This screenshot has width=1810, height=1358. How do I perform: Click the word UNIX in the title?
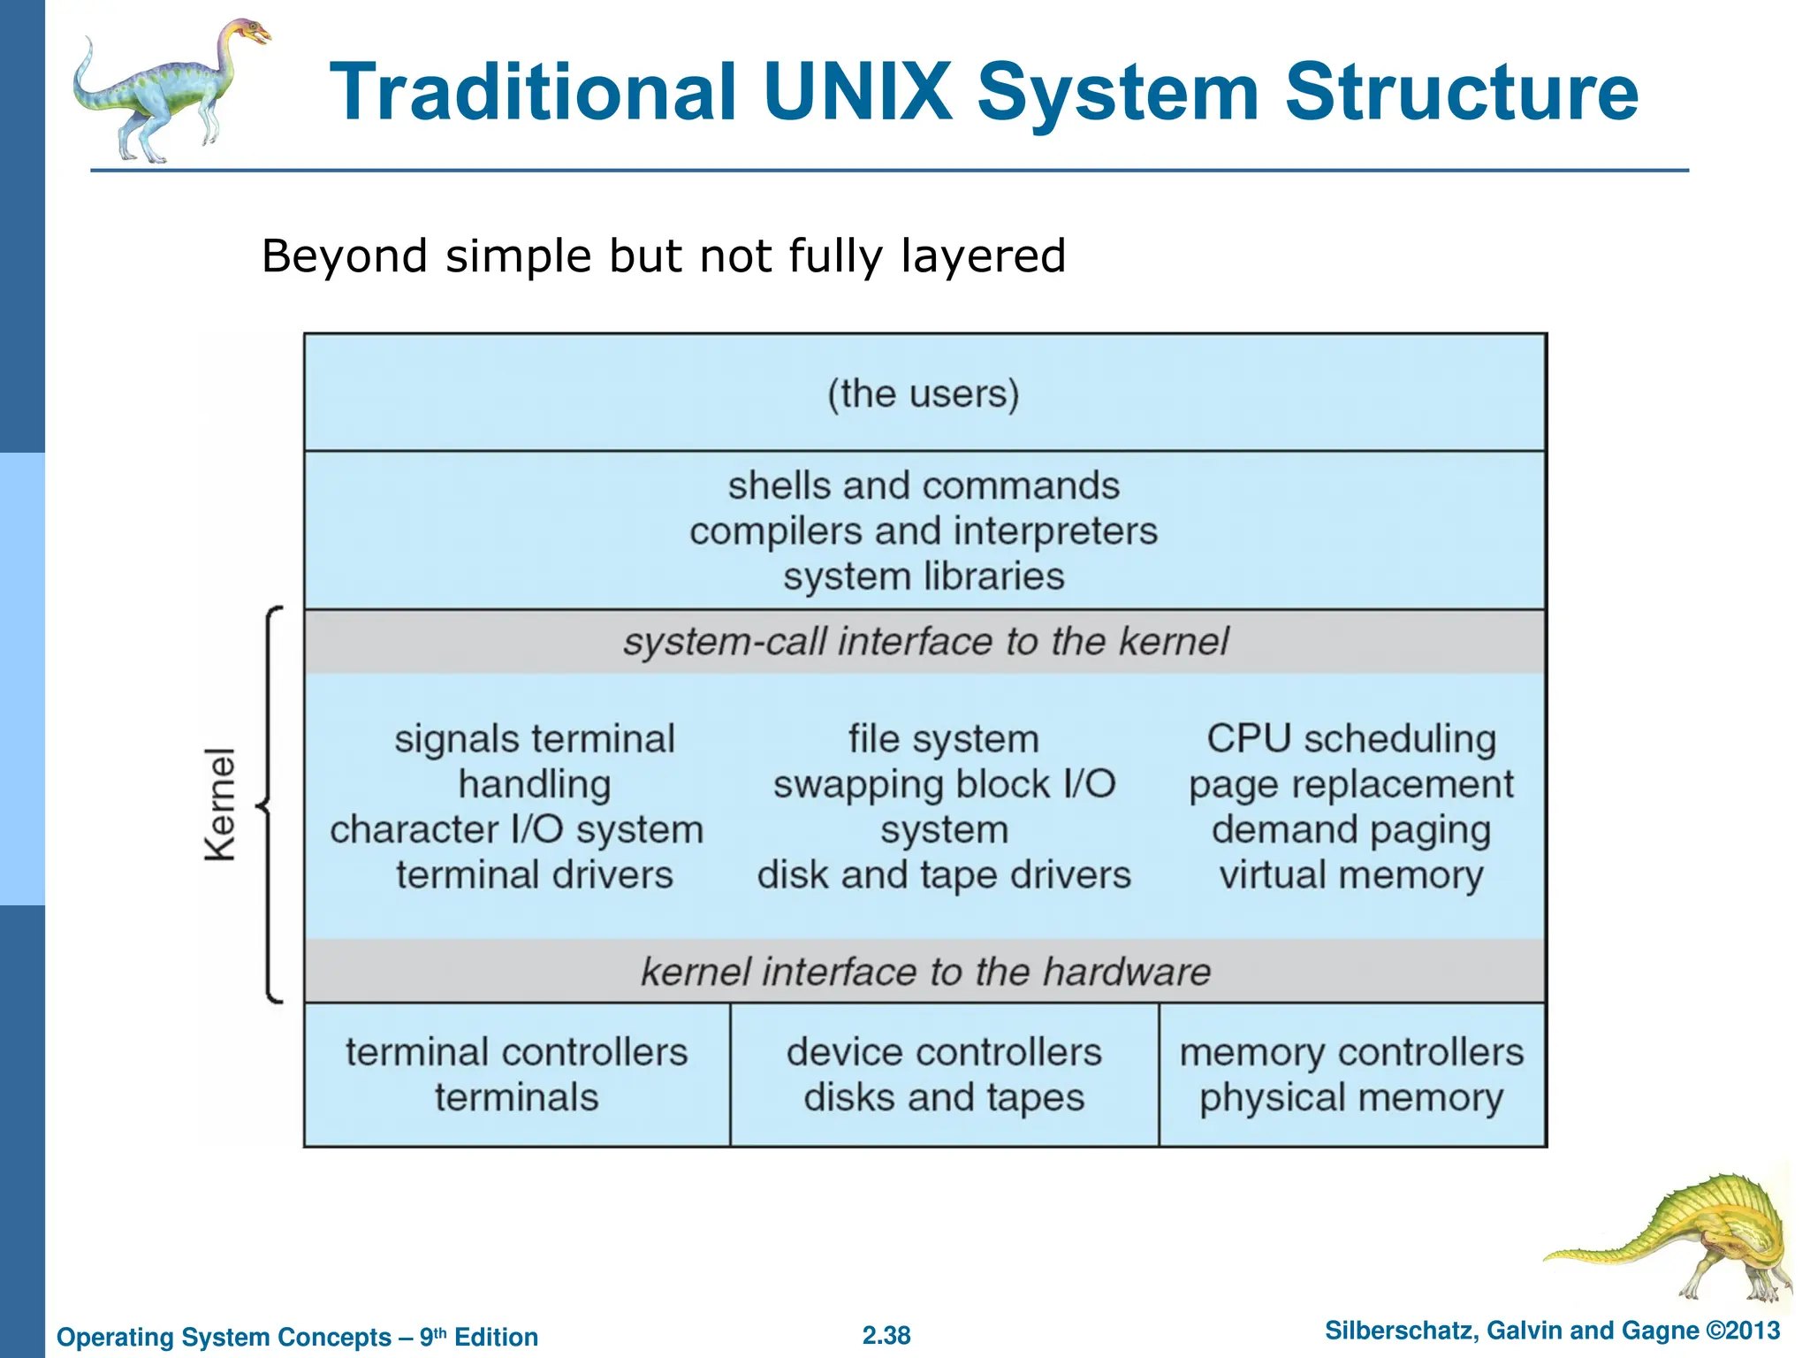tap(857, 92)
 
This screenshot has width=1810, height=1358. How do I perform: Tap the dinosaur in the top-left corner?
tap(168, 88)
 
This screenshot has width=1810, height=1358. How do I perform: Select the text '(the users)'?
tap(924, 393)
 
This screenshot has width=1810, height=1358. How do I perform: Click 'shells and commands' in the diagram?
tap(924, 486)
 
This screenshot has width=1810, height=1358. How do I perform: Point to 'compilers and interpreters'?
tap(924, 531)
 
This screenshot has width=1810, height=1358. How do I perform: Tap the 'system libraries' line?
tap(924, 576)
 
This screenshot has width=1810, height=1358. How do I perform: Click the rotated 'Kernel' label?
tap(220, 804)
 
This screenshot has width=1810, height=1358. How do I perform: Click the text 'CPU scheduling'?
tap(1351, 739)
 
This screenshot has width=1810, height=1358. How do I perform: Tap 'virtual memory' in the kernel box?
tap(1351, 875)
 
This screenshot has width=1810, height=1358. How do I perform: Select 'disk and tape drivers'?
tap(944, 875)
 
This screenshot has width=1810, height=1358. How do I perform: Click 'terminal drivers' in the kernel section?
tap(534, 875)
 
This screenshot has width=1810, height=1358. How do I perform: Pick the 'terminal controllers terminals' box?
tap(517, 1074)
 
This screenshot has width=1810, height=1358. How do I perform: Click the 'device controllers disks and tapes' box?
tap(944, 1074)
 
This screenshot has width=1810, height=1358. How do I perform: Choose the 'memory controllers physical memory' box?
tap(1352, 1074)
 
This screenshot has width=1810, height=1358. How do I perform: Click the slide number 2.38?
tap(886, 1335)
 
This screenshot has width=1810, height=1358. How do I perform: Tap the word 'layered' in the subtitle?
tap(983, 256)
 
